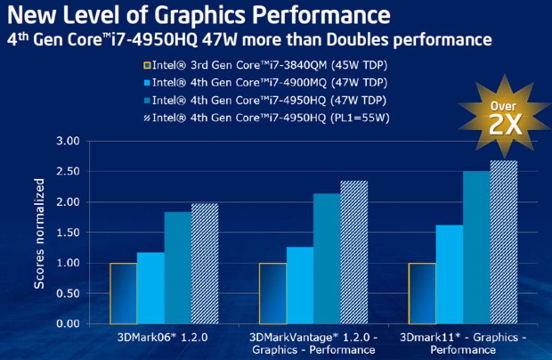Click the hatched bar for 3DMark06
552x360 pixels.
204,264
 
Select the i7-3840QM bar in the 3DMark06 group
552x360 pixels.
123,293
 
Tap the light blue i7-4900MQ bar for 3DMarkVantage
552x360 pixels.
300,285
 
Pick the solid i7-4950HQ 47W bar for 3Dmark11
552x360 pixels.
476,247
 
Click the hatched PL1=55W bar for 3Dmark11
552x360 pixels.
504,242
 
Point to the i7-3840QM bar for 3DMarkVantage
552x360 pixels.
272,293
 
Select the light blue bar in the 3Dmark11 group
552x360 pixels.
449,274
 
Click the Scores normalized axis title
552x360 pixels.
39,233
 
